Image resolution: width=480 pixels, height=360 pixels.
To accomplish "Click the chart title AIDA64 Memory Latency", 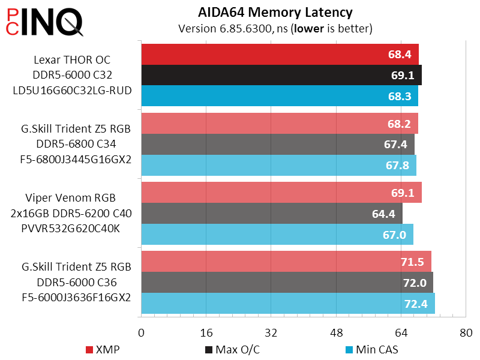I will (x=275, y=12).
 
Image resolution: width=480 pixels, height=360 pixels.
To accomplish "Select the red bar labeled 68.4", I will (x=280, y=55).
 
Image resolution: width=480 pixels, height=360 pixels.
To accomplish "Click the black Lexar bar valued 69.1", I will (x=281, y=76).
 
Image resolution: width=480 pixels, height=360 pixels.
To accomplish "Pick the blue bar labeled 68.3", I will (x=280, y=96).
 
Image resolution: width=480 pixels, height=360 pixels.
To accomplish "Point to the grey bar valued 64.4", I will (x=271, y=213).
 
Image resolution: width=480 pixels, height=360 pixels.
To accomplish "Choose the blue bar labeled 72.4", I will (x=288, y=304).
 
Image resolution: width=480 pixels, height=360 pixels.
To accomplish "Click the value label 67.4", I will (x=395, y=145).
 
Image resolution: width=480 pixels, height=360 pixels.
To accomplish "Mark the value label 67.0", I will (x=394, y=235).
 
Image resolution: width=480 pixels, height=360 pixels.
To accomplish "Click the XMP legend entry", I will (x=102, y=349).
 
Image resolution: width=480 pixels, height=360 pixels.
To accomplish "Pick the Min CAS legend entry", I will (x=371, y=349).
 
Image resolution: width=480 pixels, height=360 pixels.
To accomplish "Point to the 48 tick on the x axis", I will (x=336, y=332).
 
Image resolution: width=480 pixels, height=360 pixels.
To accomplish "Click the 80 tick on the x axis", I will (x=466, y=332).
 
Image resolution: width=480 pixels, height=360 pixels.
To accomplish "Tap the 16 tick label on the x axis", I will (x=206, y=332).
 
